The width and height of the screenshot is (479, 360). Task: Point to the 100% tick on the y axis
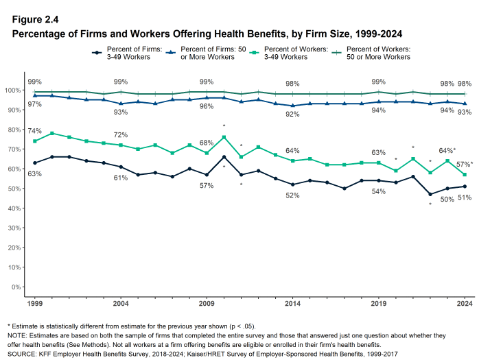click(x=12, y=91)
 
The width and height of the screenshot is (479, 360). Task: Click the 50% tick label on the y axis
click(x=13, y=189)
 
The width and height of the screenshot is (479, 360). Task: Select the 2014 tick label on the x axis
click(x=293, y=302)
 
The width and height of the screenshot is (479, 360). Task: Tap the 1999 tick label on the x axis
click(x=34, y=302)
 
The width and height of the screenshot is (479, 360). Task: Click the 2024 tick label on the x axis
click(x=465, y=302)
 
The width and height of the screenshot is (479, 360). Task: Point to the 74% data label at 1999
click(x=35, y=130)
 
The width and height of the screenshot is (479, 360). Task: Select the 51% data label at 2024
click(x=465, y=198)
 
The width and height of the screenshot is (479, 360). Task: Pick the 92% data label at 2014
click(x=293, y=115)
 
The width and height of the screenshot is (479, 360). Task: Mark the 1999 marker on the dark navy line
click(x=34, y=163)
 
